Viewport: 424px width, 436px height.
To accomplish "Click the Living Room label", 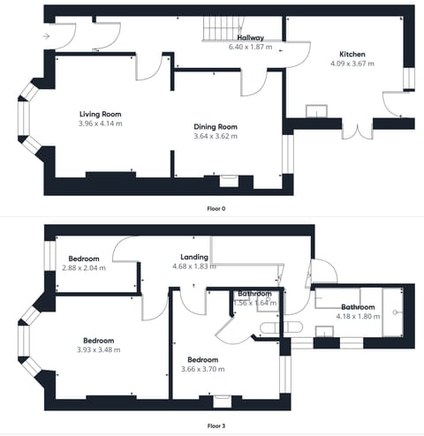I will pos(100,115).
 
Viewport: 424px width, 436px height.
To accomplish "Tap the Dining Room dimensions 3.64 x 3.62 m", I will pos(216,137).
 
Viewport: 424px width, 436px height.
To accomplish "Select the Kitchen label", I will pos(352,54).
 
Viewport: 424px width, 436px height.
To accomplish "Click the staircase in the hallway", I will pos(217,29).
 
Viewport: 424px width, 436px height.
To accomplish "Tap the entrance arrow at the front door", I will pos(45,36).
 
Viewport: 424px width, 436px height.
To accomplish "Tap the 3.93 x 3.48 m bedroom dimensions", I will pos(98,350).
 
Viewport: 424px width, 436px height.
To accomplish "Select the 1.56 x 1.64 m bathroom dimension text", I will pos(254,303).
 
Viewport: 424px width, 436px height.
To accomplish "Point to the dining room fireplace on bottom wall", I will pos(227,176).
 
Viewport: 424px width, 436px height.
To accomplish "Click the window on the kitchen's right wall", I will pos(407,79).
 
